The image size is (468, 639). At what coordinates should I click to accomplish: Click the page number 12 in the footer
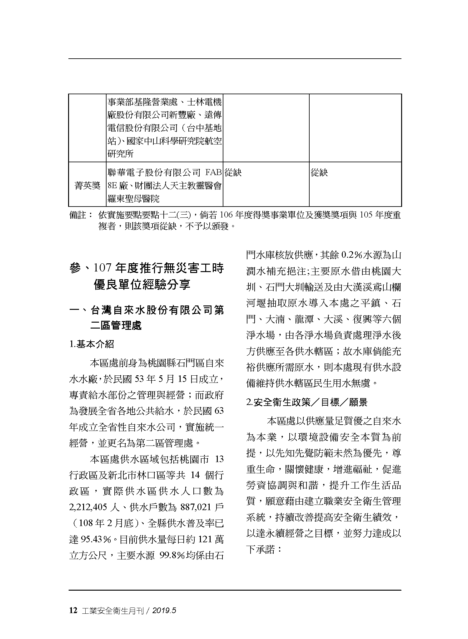pyautogui.click(x=73, y=611)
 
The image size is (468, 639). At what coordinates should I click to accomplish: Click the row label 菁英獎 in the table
pyautogui.click(x=87, y=186)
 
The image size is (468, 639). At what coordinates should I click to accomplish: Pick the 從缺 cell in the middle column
pyautogui.click(x=233, y=173)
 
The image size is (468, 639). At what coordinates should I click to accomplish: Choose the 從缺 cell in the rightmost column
pyautogui.click(x=319, y=173)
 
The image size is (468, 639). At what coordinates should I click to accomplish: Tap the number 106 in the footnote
pyautogui.click(x=227, y=215)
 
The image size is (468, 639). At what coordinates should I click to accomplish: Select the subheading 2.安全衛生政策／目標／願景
pyautogui.click(x=307, y=402)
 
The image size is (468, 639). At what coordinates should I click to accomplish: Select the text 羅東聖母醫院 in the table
pyautogui.click(x=133, y=198)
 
